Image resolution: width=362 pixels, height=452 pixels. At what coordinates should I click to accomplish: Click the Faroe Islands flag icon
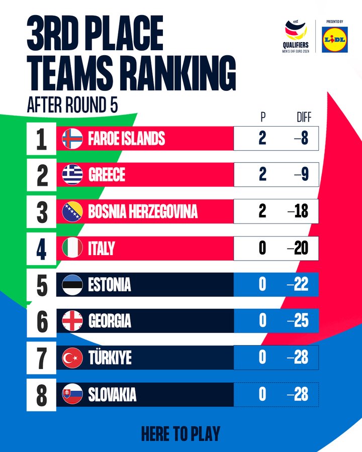[x=72, y=138]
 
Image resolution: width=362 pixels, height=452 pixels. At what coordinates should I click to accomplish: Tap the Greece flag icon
[x=72, y=175]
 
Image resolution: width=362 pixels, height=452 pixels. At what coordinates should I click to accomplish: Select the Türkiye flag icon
[x=72, y=358]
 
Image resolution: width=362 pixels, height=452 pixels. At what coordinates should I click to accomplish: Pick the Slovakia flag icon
[x=72, y=395]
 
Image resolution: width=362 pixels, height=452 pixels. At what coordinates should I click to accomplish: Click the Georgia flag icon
[x=72, y=321]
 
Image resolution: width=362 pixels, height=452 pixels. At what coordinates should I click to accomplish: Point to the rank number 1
[x=42, y=139]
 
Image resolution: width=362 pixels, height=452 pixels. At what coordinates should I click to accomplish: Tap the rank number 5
[x=42, y=285]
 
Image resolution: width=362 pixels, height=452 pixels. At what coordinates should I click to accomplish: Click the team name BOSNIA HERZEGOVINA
[x=143, y=211]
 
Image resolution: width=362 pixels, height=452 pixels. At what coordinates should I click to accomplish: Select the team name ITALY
[x=102, y=248]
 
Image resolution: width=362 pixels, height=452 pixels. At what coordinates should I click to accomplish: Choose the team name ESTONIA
[x=110, y=285]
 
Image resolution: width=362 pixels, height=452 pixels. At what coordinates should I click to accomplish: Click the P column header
[x=262, y=118]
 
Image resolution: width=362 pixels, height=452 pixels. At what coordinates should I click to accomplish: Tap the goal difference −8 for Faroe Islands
[x=301, y=138]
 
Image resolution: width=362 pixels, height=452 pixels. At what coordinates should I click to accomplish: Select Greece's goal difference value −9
[x=301, y=175]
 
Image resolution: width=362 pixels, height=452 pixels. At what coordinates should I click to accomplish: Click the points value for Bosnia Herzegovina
[x=262, y=211]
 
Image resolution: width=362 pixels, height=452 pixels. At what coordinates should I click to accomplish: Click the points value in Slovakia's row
[x=262, y=395]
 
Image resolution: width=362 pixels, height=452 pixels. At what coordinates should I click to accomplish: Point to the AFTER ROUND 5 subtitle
[x=72, y=106]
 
